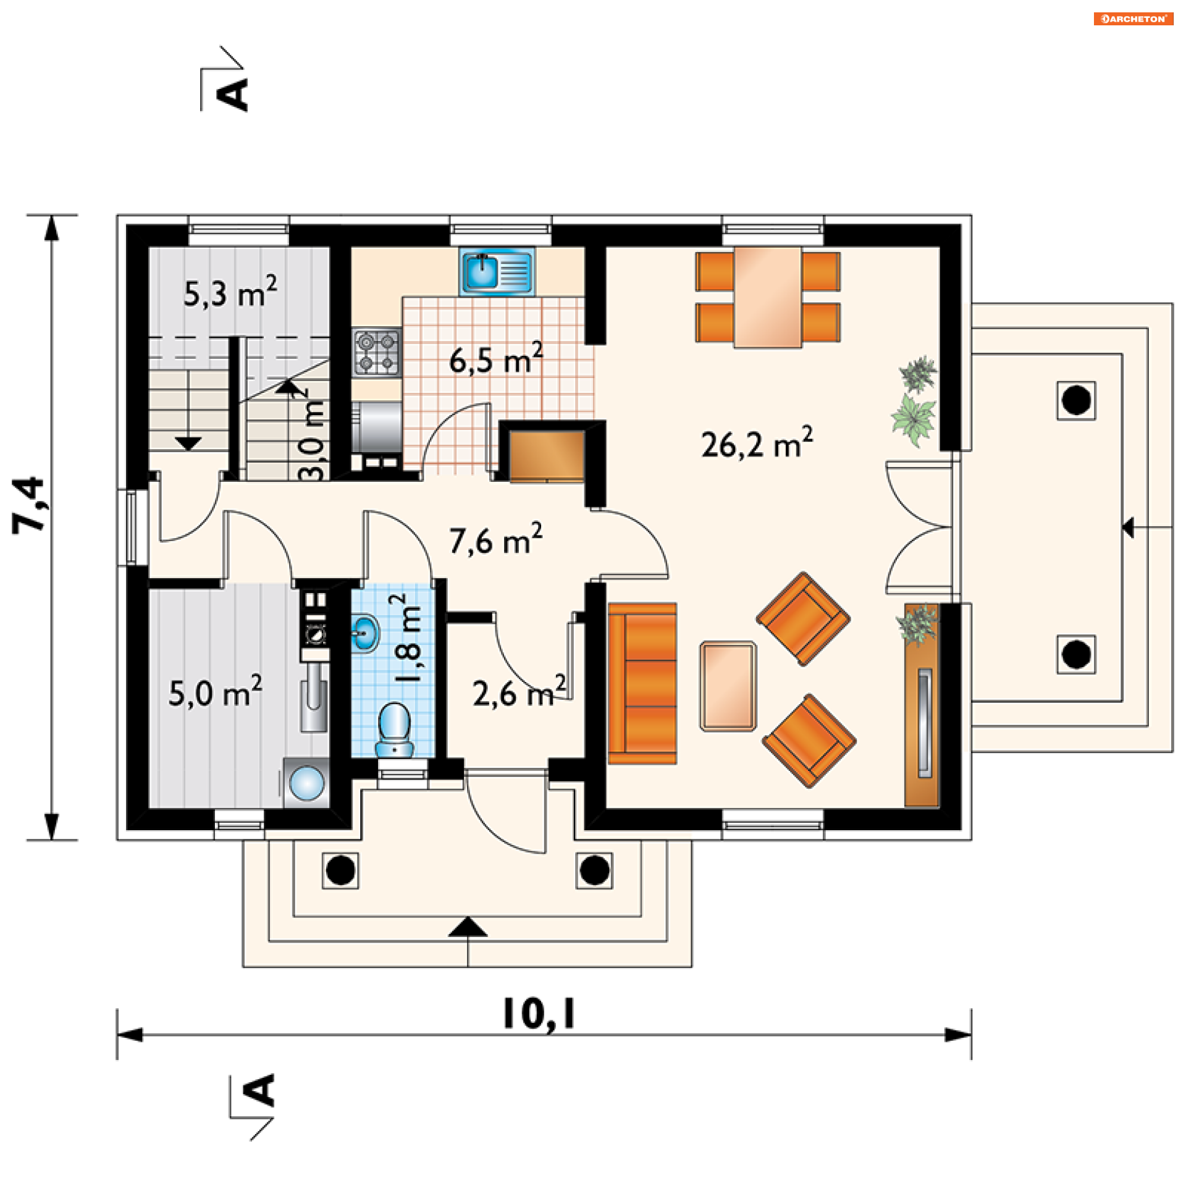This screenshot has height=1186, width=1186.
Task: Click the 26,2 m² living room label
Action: [x=757, y=443]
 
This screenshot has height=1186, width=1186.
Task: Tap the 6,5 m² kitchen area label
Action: [x=495, y=359]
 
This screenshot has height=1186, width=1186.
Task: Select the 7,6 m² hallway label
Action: [x=495, y=539]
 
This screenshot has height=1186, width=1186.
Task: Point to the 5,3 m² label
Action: [x=230, y=292]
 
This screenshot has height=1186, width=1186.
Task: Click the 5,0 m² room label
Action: [x=215, y=692]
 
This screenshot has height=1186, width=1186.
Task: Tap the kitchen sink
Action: [x=497, y=272]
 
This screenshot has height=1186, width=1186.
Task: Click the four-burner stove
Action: [x=377, y=352]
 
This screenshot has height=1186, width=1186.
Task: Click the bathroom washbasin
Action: [x=365, y=633]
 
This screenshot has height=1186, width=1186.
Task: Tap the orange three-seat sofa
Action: [x=642, y=684]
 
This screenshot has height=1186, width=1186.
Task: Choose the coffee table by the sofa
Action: [x=728, y=686]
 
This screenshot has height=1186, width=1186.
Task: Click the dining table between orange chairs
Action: [x=768, y=297]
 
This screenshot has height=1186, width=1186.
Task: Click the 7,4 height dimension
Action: [x=29, y=504]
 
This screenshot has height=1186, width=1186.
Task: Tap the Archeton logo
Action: [x=1133, y=19]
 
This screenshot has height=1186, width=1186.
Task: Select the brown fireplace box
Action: [x=546, y=456]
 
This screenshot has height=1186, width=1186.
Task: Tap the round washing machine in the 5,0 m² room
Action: [x=306, y=783]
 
